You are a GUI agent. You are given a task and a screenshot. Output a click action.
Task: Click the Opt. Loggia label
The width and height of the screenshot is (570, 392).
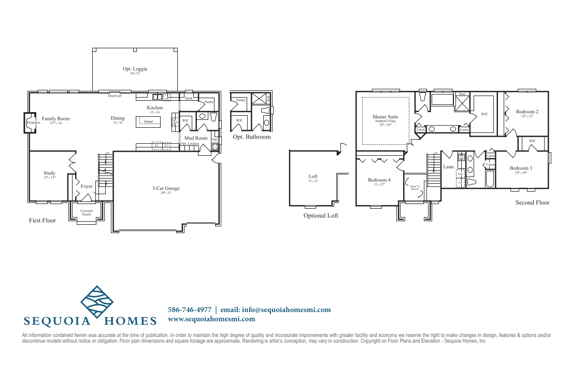135,69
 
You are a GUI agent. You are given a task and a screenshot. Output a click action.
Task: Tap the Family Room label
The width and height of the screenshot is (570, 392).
56,119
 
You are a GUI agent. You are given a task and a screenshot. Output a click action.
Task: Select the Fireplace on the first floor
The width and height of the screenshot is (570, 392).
33,123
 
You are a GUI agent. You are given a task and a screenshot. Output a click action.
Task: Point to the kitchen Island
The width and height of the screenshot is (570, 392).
148,121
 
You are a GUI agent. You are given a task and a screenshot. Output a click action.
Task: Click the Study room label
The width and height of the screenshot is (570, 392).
49,173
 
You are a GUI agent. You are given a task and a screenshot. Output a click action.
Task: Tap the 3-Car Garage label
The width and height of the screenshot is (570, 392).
165,188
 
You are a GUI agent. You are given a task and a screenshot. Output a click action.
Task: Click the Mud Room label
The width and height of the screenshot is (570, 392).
196,138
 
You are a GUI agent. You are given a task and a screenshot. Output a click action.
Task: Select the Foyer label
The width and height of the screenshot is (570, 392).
87,186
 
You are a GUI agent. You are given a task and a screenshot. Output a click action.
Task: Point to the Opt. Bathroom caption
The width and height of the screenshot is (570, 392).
251,137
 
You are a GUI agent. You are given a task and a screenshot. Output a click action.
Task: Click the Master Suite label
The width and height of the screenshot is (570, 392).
385,117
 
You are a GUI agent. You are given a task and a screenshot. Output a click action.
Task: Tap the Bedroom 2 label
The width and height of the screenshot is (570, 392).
527,112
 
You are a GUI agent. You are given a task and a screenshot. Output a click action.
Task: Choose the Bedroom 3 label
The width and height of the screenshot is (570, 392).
521,168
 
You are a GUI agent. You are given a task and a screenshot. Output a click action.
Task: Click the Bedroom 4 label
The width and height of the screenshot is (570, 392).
379,180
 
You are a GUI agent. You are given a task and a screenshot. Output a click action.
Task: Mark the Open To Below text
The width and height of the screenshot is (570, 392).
415,187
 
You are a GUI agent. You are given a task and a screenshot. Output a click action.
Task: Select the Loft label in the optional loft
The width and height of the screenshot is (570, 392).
312,177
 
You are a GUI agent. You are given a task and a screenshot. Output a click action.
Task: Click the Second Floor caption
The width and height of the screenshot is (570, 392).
532,202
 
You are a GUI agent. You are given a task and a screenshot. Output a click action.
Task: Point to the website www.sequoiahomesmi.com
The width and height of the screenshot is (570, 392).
211,319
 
